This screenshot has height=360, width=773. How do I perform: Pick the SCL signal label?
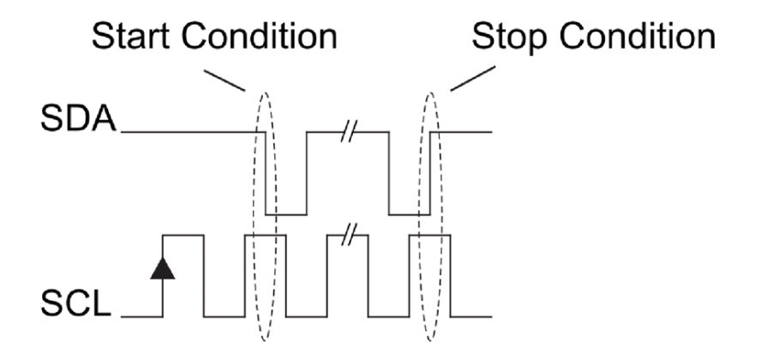[x=76, y=304]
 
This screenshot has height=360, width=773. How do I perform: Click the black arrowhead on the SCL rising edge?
[x=162, y=268]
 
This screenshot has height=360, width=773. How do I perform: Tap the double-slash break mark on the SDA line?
[x=350, y=132]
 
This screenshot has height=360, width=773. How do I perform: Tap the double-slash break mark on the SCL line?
[x=350, y=234]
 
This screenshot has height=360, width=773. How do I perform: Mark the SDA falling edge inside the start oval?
[x=266, y=171]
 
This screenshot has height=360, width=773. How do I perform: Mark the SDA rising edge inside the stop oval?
[x=430, y=171]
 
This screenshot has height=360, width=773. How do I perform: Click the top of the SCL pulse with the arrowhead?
[x=183, y=235]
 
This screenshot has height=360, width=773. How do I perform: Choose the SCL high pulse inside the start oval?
[x=261, y=235]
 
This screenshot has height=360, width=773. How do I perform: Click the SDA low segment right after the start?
[x=286, y=215]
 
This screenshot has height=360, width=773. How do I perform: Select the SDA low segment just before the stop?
[x=409, y=215]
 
